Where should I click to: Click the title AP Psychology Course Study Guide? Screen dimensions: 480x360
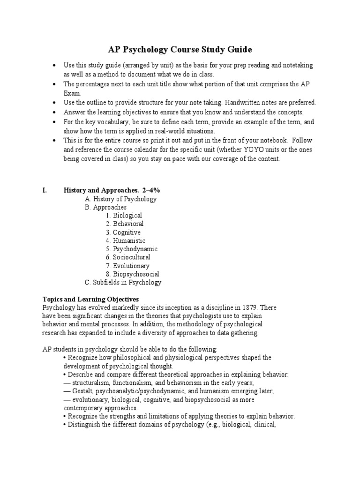tap(180, 49)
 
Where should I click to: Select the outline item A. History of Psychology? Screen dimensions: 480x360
tap(120, 199)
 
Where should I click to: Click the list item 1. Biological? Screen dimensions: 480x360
tap(124, 216)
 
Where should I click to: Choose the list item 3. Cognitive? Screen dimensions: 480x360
tap(123, 232)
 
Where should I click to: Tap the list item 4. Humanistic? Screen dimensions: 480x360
tap(125, 241)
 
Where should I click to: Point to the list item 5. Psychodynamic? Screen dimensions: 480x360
tap(131, 249)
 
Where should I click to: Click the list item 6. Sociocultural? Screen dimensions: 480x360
tap(128, 257)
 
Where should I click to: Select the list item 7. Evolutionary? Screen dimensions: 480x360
tap(127, 266)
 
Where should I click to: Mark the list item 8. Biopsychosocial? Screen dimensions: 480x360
tap(132, 274)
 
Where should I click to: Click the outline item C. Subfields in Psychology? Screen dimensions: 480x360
tap(123, 282)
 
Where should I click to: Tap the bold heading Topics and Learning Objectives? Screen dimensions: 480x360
tap(90, 299)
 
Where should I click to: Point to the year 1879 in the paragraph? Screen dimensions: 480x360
tap(249, 307)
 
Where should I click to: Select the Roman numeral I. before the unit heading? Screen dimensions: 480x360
tap(45, 190)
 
